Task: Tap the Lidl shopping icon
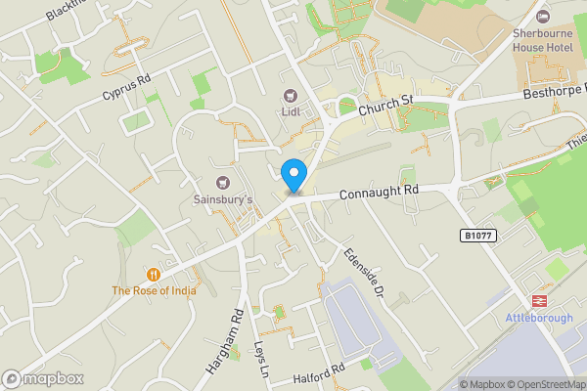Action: coord(291,95)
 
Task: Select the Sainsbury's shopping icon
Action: coord(222,182)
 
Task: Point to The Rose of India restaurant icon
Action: coord(154,274)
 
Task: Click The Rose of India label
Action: coord(154,290)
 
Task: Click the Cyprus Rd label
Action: coord(126,88)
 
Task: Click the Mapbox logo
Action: coord(42,378)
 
